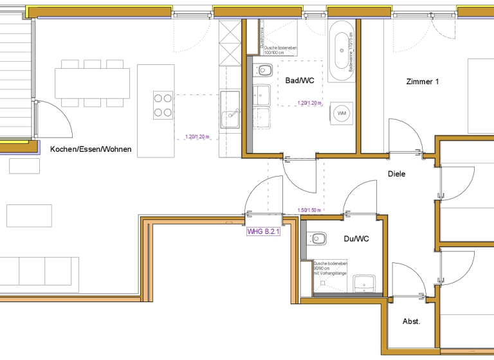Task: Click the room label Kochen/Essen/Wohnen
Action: point(91,149)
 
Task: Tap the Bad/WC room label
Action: point(299,81)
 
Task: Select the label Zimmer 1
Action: point(422,82)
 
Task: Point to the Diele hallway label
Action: point(396,174)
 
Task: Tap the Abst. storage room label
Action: point(411,321)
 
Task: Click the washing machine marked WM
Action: point(341,114)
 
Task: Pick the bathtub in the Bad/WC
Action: point(340,50)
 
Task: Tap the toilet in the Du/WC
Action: point(316,239)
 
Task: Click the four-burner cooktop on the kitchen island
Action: point(163,105)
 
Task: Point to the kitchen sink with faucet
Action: point(230,118)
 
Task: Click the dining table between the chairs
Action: point(90,82)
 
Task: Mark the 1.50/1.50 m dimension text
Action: point(309,210)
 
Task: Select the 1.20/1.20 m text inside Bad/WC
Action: point(311,102)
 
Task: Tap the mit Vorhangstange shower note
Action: point(330,274)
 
